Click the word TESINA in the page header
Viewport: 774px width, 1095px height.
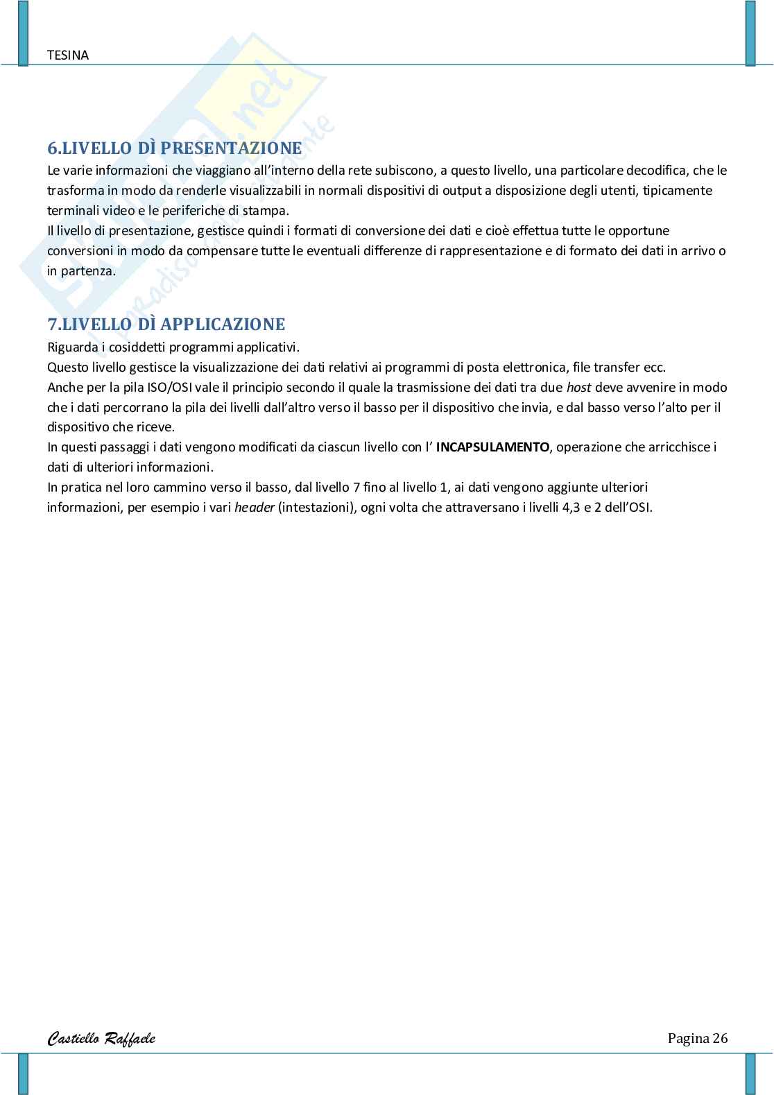[68, 55]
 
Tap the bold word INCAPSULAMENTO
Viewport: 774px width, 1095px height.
[492, 447]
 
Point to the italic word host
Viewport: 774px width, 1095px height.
[578, 388]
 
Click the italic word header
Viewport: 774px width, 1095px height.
[254, 508]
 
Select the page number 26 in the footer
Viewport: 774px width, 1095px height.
[719, 1038]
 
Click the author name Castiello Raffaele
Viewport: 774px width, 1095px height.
[101, 1038]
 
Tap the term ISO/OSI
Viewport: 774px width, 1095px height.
[170, 388]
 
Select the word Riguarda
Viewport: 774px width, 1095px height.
[71, 347]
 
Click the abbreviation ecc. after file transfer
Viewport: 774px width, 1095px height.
[654, 368]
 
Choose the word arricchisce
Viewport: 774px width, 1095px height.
[676, 447]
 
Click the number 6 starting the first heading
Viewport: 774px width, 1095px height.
[51, 148]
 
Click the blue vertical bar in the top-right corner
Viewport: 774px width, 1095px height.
[750, 33]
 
